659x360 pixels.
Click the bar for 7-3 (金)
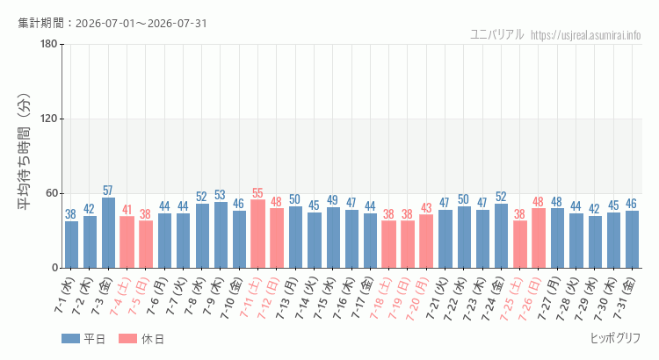[x=108, y=233]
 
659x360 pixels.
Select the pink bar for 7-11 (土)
[x=257, y=234]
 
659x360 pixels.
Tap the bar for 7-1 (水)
[x=71, y=244]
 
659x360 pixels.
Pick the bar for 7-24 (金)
[x=501, y=236]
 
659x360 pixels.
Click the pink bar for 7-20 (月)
[x=426, y=241]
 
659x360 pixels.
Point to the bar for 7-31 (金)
[x=632, y=240]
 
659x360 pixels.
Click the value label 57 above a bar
[x=108, y=191]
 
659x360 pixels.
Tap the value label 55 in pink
[x=257, y=193]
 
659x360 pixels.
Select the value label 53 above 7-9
[x=220, y=195]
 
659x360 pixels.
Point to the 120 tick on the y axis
[x=49, y=119]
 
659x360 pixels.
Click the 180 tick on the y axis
[x=49, y=44]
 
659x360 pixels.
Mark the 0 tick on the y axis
[x=54, y=268]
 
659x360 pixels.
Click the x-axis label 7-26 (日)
[x=529, y=299]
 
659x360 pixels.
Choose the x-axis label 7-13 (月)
[x=286, y=299]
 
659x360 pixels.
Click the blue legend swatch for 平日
[x=70, y=339]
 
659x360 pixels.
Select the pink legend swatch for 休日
[x=127, y=339]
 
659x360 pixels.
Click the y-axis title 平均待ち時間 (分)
[x=25, y=152]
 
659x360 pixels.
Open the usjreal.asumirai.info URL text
[x=585, y=35]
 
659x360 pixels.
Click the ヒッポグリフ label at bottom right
[x=615, y=338]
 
